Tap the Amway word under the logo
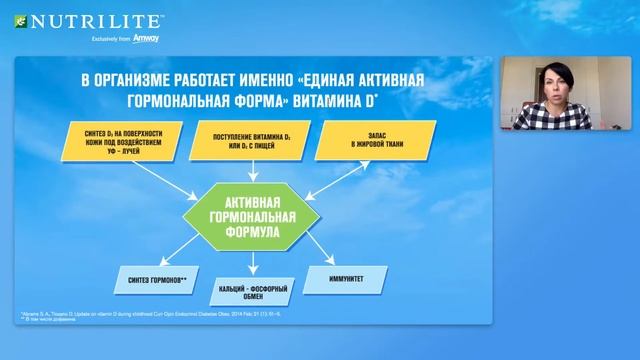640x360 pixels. (145, 39)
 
